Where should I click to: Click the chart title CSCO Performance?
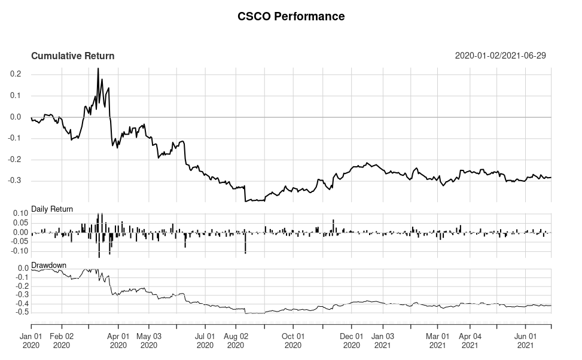pos(291,17)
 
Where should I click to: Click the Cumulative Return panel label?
pos(72,56)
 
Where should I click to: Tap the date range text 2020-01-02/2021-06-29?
pos(500,56)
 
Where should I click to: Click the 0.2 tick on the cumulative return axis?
pos(16,74)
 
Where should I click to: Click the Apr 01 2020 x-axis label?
pos(118,340)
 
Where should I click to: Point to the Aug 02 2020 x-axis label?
pos(236,340)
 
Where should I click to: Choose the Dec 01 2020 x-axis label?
pos(352,340)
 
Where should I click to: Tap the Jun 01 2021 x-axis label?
pos(526,340)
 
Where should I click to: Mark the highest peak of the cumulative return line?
pos(98,69)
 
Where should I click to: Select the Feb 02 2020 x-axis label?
pos(62,340)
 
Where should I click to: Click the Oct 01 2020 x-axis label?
pos(293,340)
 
